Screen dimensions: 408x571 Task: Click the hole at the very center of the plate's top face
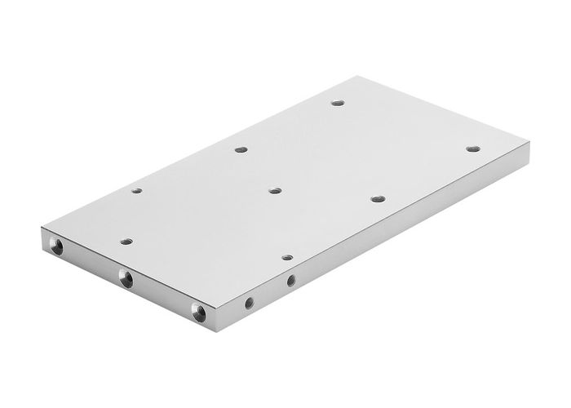tap(275, 190)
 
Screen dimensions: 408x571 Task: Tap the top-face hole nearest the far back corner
tap(338, 103)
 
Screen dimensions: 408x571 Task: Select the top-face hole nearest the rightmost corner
tap(472, 149)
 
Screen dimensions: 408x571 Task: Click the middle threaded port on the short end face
tap(126, 278)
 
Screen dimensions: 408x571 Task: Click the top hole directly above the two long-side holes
tap(287, 256)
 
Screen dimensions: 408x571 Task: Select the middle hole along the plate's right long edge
tap(376, 198)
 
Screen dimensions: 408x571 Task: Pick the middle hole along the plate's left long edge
tap(240, 149)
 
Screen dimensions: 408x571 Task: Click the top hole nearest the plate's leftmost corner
tap(136, 191)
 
